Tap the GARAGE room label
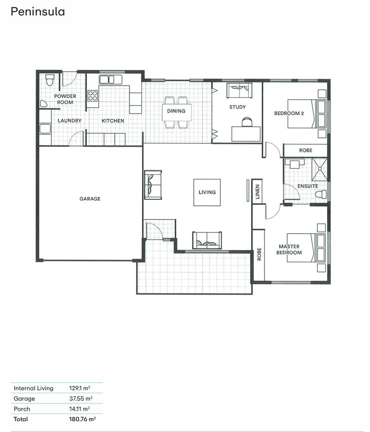90,199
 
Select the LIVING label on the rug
207,192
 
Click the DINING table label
176,111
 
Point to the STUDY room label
237,107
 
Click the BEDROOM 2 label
289,113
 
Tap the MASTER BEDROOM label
289,250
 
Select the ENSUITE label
308,186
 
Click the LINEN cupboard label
258,192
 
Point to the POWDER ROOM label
65,99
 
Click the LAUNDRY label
69,121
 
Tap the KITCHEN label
113,121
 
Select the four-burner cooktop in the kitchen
93,96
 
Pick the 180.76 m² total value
82,419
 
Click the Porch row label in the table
22,409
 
